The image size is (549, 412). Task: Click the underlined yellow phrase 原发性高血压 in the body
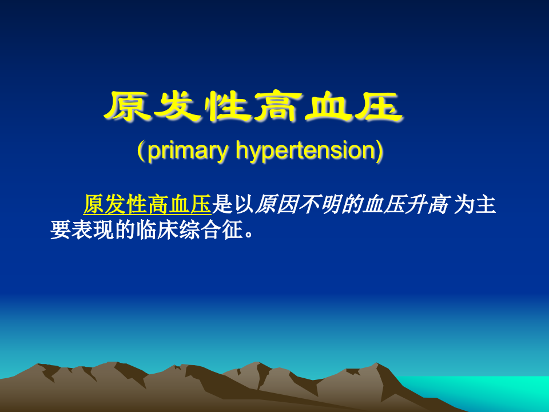(147, 204)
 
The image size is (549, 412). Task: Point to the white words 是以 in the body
(233, 204)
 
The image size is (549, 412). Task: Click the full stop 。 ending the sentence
(248, 233)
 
